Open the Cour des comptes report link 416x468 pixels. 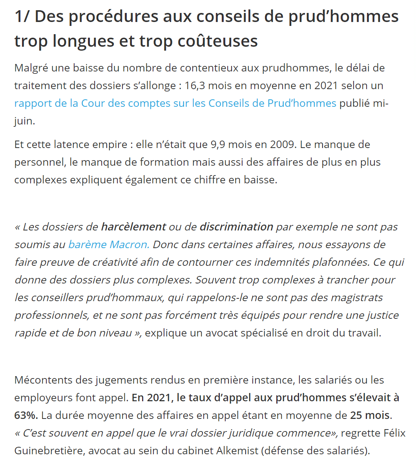coord(175,103)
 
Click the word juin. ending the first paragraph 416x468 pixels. coord(25,121)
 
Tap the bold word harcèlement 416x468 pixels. coord(133,227)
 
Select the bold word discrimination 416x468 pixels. coord(236,227)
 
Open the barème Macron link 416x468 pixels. coord(109,245)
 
